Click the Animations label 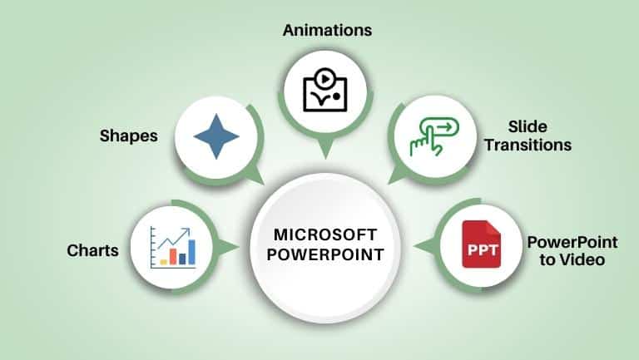(x=327, y=31)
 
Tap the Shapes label (x=129, y=136)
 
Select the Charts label (x=93, y=250)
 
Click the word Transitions (x=528, y=145)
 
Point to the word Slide (x=528, y=126)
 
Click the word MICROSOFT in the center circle (x=325, y=235)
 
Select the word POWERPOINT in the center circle (x=325, y=255)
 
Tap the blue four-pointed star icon (x=216, y=136)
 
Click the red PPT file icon (x=481, y=244)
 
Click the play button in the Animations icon (x=324, y=79)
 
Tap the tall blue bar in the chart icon (x=191, y=252)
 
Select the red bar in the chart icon (x=173, y=257)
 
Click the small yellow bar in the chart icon (x=163, y=262)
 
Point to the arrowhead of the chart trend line (x=187, y=231)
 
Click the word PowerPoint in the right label (x=572, y=243)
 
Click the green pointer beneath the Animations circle (x=325, y=148)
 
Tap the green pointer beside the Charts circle (x=227, y=247)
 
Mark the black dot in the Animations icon (x=336, y=96)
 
